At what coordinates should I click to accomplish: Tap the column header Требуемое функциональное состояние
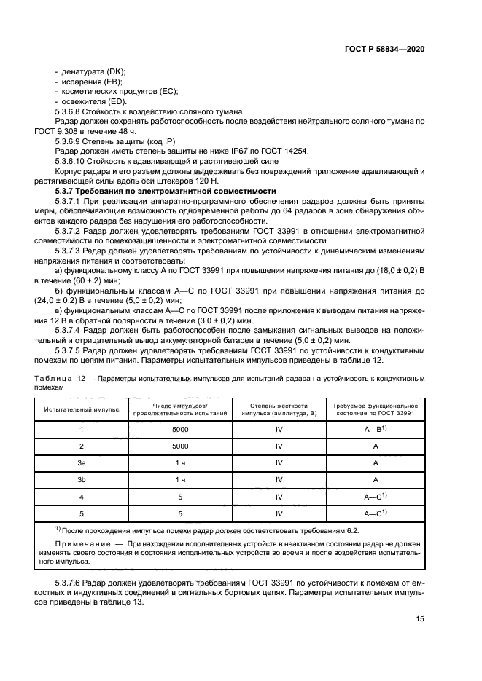[375, 409]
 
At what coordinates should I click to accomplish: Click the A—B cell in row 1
[374, 429]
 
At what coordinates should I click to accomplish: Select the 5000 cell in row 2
[180, 446]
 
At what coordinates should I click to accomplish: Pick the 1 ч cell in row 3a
[180, 462]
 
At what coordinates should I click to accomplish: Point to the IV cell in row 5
[279, 513]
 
